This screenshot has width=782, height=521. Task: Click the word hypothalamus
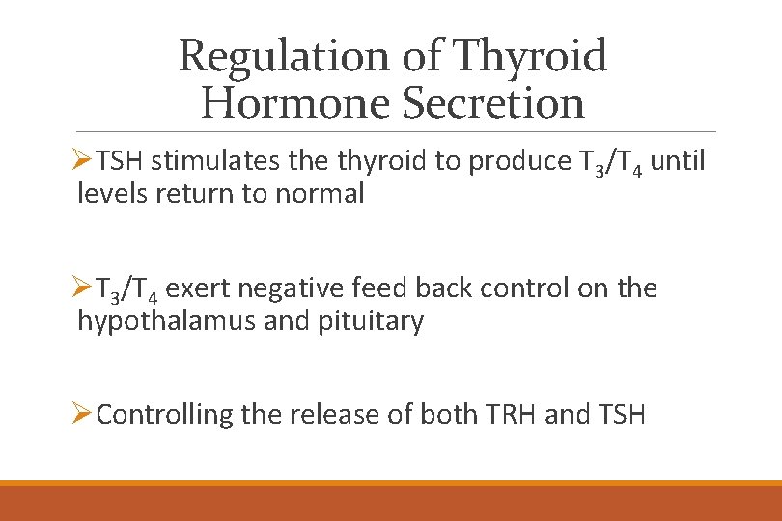(x=167, y=321)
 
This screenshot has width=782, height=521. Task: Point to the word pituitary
(x=371, y=321)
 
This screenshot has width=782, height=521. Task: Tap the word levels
(x=109, y=193)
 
